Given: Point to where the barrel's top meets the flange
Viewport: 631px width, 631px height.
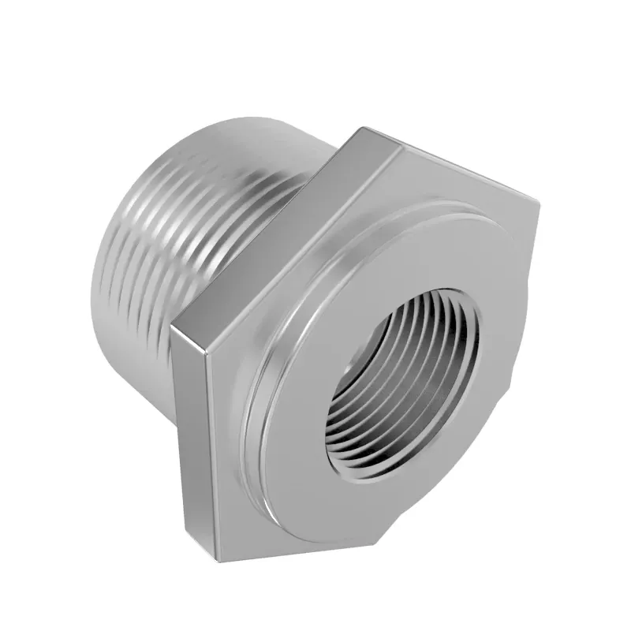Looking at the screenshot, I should pos(331,150).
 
